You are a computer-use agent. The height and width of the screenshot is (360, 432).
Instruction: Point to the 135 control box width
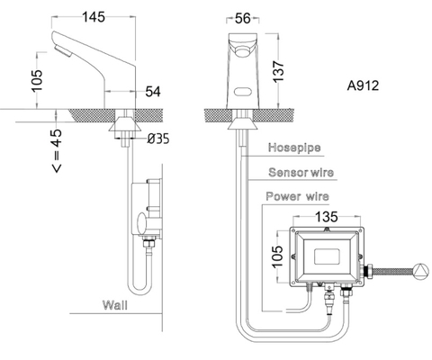(326, 217)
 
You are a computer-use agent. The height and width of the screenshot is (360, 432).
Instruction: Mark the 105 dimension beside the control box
(278, 257)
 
